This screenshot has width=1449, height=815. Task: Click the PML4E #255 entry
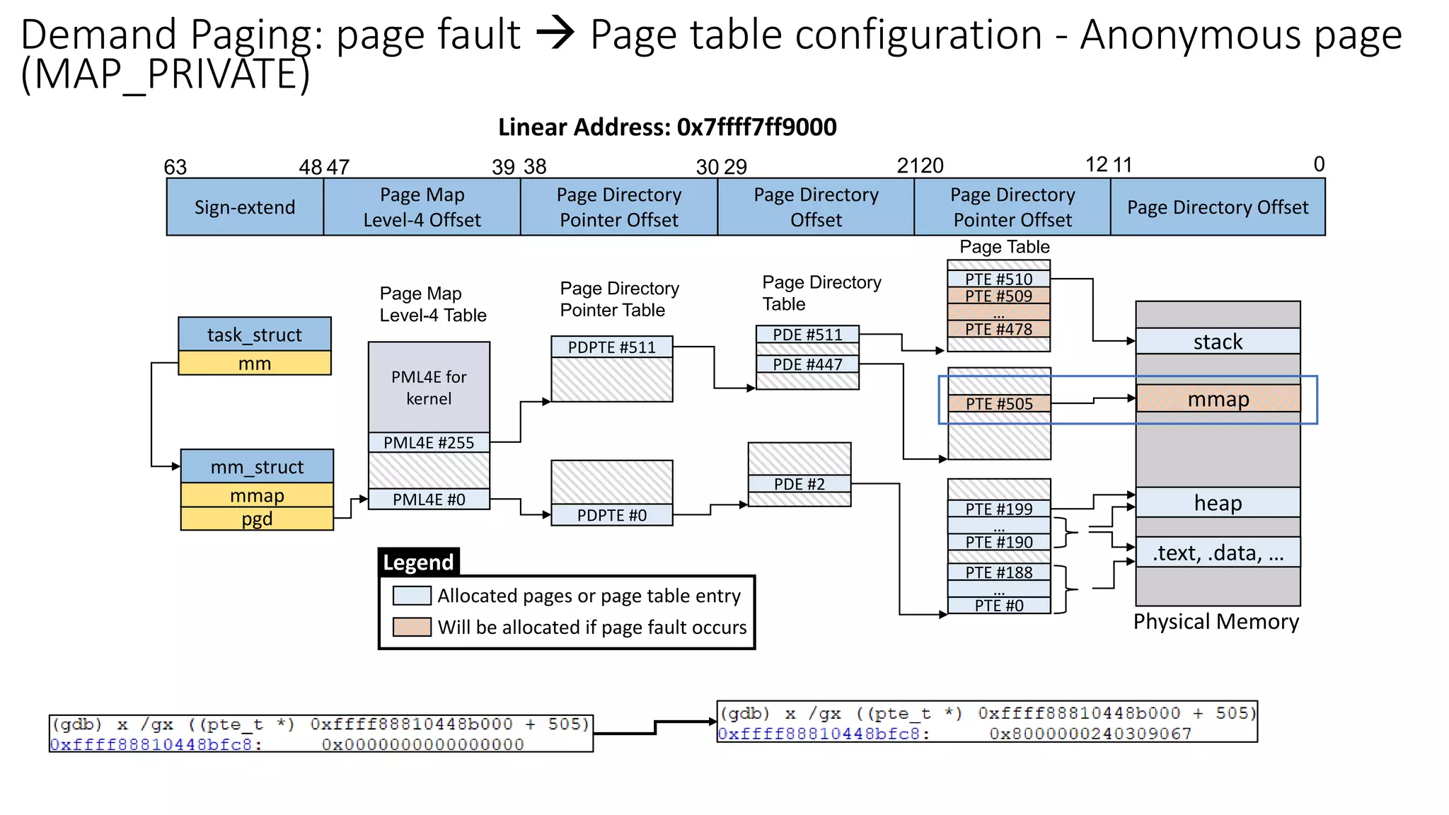[x=429, y=443]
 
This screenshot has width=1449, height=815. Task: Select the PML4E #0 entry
[x=429, y=499]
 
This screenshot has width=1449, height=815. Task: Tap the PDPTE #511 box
[x=611, y=347]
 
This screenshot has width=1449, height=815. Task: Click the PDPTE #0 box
[x=611, y=515]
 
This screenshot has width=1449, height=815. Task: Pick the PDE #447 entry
[x=807, y=364]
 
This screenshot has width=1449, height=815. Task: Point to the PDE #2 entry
[x=799, y=484]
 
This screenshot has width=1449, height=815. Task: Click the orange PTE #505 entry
[x=998, y=404]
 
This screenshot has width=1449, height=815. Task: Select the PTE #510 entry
[x=998, y=279]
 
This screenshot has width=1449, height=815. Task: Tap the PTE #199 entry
[x=998, y=509]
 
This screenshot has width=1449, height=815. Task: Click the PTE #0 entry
[x=998, y=606]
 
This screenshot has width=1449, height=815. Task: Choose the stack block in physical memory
[x=1218, y=342]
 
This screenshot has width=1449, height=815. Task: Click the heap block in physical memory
[x=1218, y=502]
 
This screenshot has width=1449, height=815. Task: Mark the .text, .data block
[x=1218, y=553]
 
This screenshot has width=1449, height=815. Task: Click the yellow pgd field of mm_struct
[x=257, y=519]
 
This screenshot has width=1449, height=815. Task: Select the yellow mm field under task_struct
[x=255, y=364]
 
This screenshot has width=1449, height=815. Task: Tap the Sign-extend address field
[x=245, y=207]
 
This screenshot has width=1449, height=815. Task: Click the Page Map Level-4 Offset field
[x=422, y=207]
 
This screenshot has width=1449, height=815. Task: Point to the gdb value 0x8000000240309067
[x=1090, y=734]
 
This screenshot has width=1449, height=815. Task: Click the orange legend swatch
[x=412, y=627]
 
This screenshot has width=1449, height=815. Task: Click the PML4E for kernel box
[x=429, y=388]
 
